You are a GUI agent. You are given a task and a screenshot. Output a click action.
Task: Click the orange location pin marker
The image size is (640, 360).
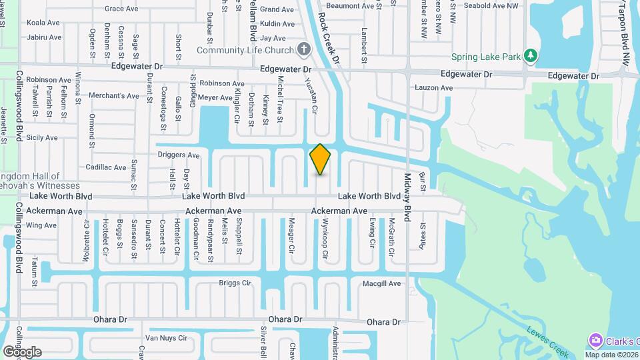(321, 159)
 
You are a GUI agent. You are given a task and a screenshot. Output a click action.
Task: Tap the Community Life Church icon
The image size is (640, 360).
(304, 49)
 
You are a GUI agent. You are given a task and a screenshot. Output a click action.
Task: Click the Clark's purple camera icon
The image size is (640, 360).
(595, 341)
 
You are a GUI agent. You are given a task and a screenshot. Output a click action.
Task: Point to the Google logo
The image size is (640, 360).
(21, 351)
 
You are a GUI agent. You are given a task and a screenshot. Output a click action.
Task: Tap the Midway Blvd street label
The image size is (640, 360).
(408, 194)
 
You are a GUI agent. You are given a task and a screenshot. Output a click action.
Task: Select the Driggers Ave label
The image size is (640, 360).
(178, 155)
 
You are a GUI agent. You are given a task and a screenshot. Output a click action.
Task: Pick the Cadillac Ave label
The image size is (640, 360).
(105, 167)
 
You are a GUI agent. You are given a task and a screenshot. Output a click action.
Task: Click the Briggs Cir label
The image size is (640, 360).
(235, 283)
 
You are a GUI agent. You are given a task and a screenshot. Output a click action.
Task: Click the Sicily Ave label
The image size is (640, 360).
(42, 137)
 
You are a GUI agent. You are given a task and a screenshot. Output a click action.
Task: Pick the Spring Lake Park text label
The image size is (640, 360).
(485, 57)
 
